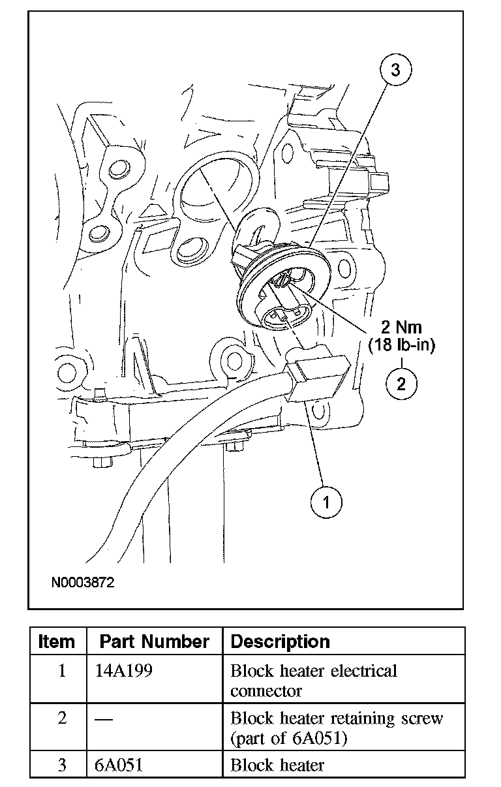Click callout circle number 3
[396, 70]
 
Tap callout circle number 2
[401, 382]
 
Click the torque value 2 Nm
[401, 328]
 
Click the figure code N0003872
[83, 581]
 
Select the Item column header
[57, 641]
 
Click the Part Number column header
[155, 641]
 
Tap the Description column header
[281, 641]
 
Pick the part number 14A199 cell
[124, 671]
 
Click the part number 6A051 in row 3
[119, 765]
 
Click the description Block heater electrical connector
[314, 681]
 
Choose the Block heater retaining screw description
[337, 728]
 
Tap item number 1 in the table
[62, 671]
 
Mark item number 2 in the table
[62, 718]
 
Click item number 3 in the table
[62, 765]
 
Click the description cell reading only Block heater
[277, 765]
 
